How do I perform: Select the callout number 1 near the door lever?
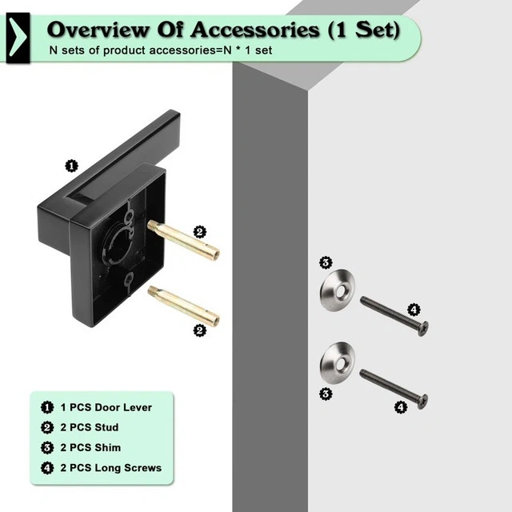pyautogui.click(x=71, y=166)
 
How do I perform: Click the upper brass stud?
pyautogui.click(x=183, y=240)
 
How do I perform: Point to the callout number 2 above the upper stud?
pyautogui.click(x=200, y=232)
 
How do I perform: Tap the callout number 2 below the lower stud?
pyautogui.click(x=201, y=329)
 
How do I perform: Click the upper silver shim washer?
pyautogui.click(x=338, y=290)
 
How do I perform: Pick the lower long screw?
pyautogui.click(x=393, y=387)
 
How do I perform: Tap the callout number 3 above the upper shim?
pyautogui.click(x=326, y=262)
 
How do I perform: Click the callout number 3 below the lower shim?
pyautogui.click(x=326, y=394)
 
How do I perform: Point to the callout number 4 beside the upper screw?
pyautogui.click(x=414, y=309)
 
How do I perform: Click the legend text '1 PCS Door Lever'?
pyautogui.click(x=106, y=407)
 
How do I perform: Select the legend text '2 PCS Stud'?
pyautogui.click(x=89, y=427)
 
